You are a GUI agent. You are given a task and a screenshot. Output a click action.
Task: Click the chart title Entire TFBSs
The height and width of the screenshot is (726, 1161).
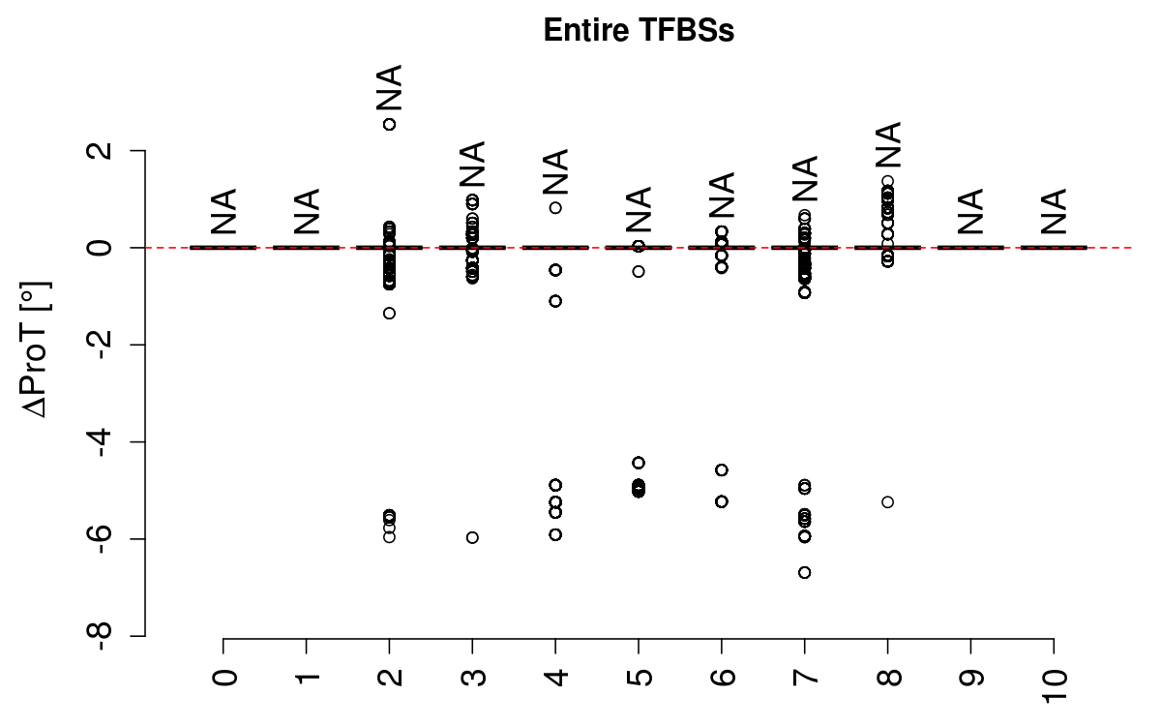[x=639, y=31]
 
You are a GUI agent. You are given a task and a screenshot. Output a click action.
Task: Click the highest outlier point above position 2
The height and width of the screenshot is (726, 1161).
[x=389, y=124]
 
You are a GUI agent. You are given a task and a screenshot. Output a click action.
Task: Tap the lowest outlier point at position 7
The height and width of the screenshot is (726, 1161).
[x=804, y=572]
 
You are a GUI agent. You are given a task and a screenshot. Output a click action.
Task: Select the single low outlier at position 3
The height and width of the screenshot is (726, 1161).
[x=472, y=537]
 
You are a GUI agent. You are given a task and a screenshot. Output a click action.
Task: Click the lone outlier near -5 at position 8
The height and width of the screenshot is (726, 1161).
[x=887, y=501]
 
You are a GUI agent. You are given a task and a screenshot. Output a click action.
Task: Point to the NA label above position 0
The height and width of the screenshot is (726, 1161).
[x=223, y=212]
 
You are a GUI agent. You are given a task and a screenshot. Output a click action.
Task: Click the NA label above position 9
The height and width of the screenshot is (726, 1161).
[x=970, y=212]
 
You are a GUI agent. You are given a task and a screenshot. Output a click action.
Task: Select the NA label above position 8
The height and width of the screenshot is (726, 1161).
[x=887, y=145]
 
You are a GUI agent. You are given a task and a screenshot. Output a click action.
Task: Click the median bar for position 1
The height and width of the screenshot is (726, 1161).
[x=307, y=248]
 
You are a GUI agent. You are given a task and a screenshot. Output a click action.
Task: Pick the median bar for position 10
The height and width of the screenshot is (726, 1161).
[x=1054, y=248]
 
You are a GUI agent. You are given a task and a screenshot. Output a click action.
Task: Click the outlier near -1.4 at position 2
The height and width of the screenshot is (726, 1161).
[x=389, y=313]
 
